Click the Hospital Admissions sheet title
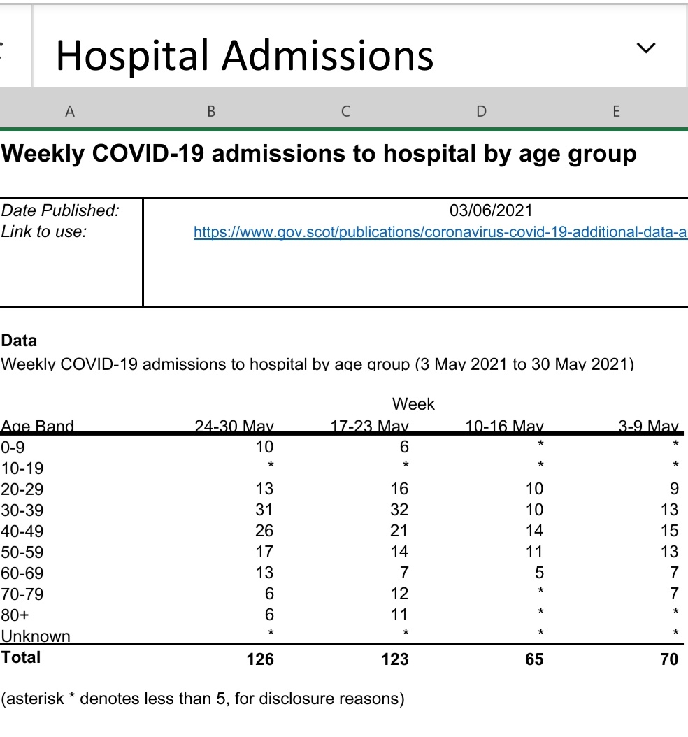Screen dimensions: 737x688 pos(245,55)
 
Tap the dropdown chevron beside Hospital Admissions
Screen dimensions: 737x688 pos(647,48)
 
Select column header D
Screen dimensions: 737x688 pos(481,110)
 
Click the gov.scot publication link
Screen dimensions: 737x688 pos(440,231)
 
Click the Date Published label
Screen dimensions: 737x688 pos(60,210)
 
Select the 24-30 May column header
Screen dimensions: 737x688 pos(234,426)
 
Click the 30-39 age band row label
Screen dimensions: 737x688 pos(22,510)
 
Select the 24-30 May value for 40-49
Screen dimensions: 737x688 pos(264,531)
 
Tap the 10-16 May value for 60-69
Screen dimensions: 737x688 pos(537,573)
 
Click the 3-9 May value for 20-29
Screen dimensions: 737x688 pos(673,489)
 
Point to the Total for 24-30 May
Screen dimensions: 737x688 pos(260,659)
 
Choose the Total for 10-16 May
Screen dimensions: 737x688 pos(534,659)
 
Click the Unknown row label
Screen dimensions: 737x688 pos(36,636)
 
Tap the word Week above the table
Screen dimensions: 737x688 pos(413,404)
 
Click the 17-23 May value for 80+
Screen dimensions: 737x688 pos(399,615)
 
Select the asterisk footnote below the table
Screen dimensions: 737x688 pos(203,699)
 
